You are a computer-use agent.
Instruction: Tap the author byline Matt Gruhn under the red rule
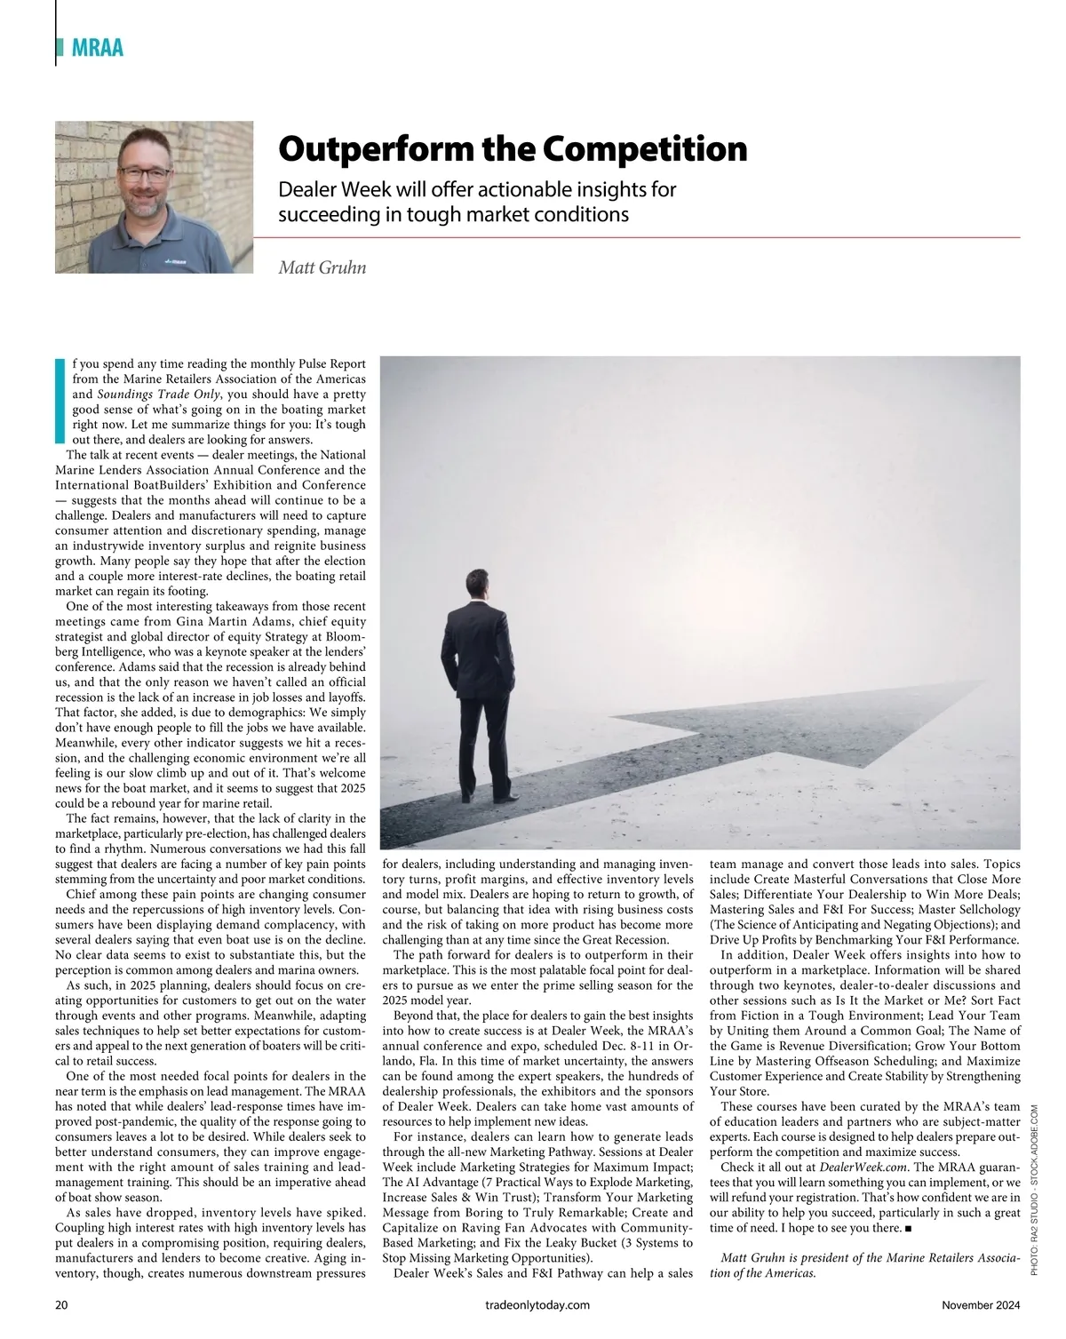322,267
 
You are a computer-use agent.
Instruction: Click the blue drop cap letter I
60,399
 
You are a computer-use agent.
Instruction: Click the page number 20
61,1305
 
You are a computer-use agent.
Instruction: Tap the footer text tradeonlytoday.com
532,1305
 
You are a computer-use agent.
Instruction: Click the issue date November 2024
981,1305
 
